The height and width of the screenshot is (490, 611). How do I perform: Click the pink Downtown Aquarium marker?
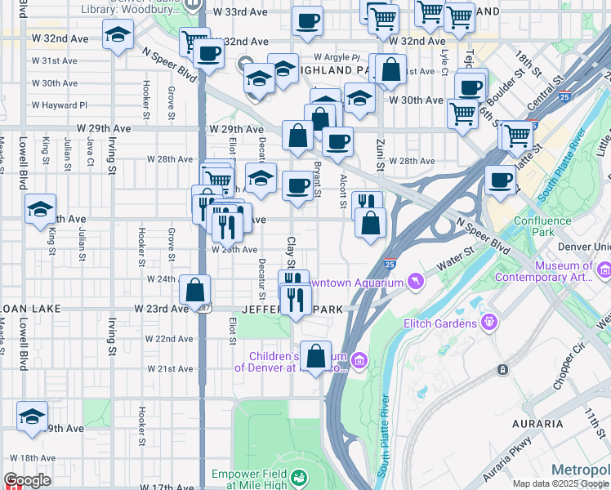(417, 281)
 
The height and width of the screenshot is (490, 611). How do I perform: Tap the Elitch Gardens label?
(440, 323)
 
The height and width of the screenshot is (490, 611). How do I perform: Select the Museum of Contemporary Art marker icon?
(604, 269)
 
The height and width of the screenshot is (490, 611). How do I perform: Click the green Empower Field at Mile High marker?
(300, 477)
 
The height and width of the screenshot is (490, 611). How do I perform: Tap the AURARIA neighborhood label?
(537, 424)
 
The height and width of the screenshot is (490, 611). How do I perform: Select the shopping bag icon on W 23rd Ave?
(195, 290)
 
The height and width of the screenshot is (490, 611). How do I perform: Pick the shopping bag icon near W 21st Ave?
(315, 356)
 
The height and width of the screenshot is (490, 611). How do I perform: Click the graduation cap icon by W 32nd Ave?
(118, 35)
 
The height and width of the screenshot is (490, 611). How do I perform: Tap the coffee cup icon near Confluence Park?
(500, 180)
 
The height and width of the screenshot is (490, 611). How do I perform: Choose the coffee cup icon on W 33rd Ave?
(307, 20)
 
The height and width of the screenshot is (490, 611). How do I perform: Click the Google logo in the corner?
(28, 480)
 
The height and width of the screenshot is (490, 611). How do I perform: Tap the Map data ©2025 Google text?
(560, 483)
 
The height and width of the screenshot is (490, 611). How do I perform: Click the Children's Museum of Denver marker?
(359, 361)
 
